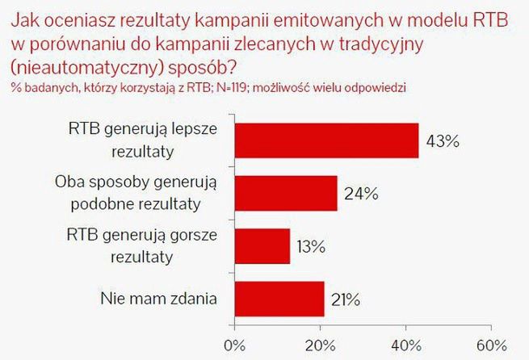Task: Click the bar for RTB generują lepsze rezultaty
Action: [326, 140]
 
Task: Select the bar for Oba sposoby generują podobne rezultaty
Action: [285, 192]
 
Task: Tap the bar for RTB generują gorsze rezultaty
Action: [262, 246]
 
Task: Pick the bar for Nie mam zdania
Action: [279, 299]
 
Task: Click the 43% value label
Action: [443, 142]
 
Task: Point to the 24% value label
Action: [361, 194]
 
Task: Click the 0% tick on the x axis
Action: [235, 346]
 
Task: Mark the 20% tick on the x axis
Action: [321, 346]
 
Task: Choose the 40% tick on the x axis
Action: [407, 346]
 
